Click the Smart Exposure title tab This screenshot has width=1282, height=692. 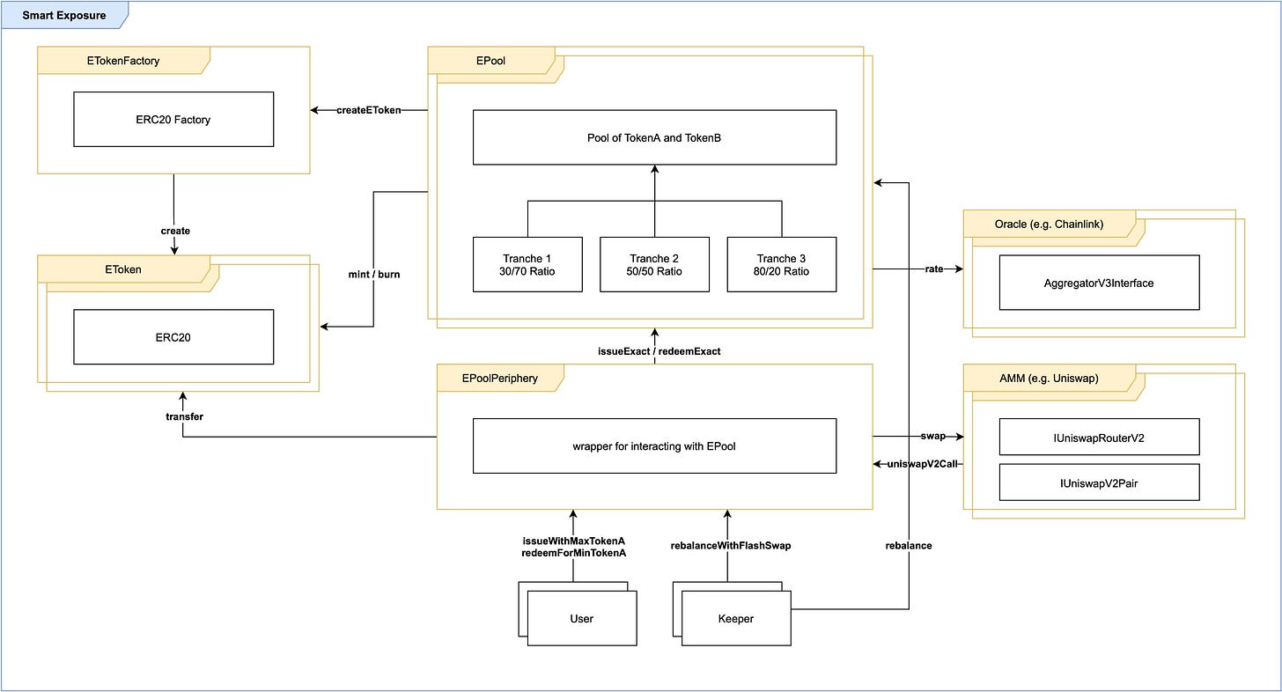pyautogui.click(x=64, y=15)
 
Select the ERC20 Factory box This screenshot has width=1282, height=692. pyautogui.click(x=173, y=119)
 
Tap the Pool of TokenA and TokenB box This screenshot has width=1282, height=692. pyautogui.click(x=654, y=137)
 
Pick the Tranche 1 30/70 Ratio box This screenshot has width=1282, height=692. pyautogui.click(x=527, y=264)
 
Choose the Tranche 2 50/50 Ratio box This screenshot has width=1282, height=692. pyautogui.click(x=654, y=264)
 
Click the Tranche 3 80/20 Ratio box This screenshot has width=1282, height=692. pyautogui.click(x=781, y=264)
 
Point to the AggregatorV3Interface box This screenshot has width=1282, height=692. pyautogui.click(x=1099, y=283)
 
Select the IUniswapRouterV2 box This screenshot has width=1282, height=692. pyautogui.click(x=1099, y=437)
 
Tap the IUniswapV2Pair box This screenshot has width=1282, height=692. pyautogui.click(x=1099, y=482)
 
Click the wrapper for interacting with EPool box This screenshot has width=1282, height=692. pyautogui.click(x=654, y=445)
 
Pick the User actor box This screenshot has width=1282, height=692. pyautogui.click(x=581, y=618)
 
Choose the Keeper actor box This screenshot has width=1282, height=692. pyautogui.click(x=736, y=618)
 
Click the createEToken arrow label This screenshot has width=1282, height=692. pyautogui.click(x=369, y=110)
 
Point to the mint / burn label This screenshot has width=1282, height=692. pyautogui.click(x=373, y=274)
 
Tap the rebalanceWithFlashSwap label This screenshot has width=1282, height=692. pyautogui.click(x=731, y=546)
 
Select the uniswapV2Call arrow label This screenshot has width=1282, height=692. pyautogui.click(x=922, y=464)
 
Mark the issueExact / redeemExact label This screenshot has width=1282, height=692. pyautogui.click(x=659, y=351)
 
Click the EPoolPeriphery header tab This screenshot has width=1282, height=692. pyautogui.click(x=499, y=378)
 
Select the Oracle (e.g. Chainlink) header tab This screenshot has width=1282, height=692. pyautogui.click(x=1049, y=224)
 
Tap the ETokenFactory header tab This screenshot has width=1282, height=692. pyautogui.click(x=123, y=60)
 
